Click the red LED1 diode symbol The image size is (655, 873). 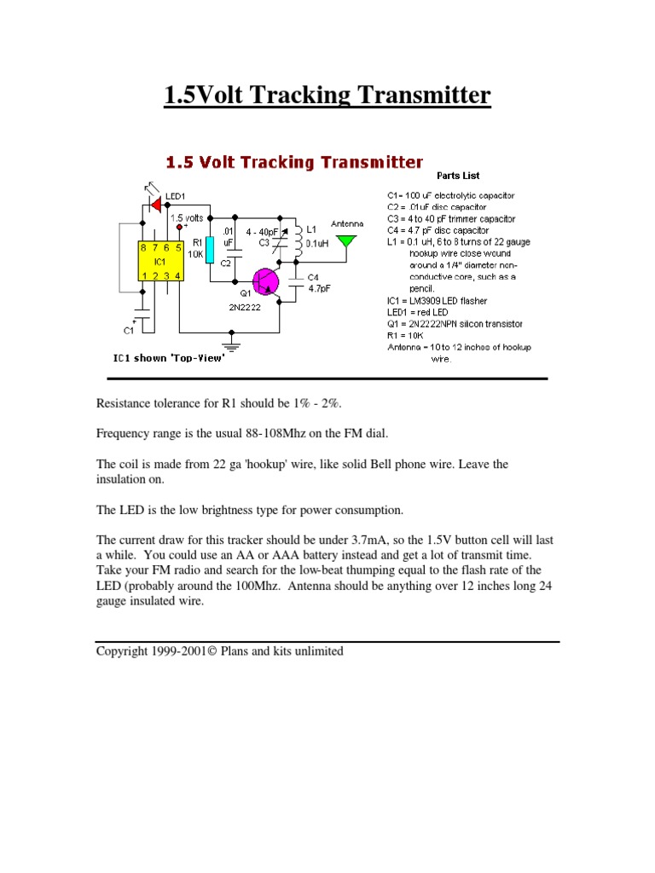(x=156, y=204)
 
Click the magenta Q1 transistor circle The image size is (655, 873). (x=266, y=281)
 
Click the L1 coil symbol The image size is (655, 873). (x=299, y=240)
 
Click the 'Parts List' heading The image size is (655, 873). (x=458, y=176)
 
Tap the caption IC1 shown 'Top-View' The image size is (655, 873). (x=169, y=358)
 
